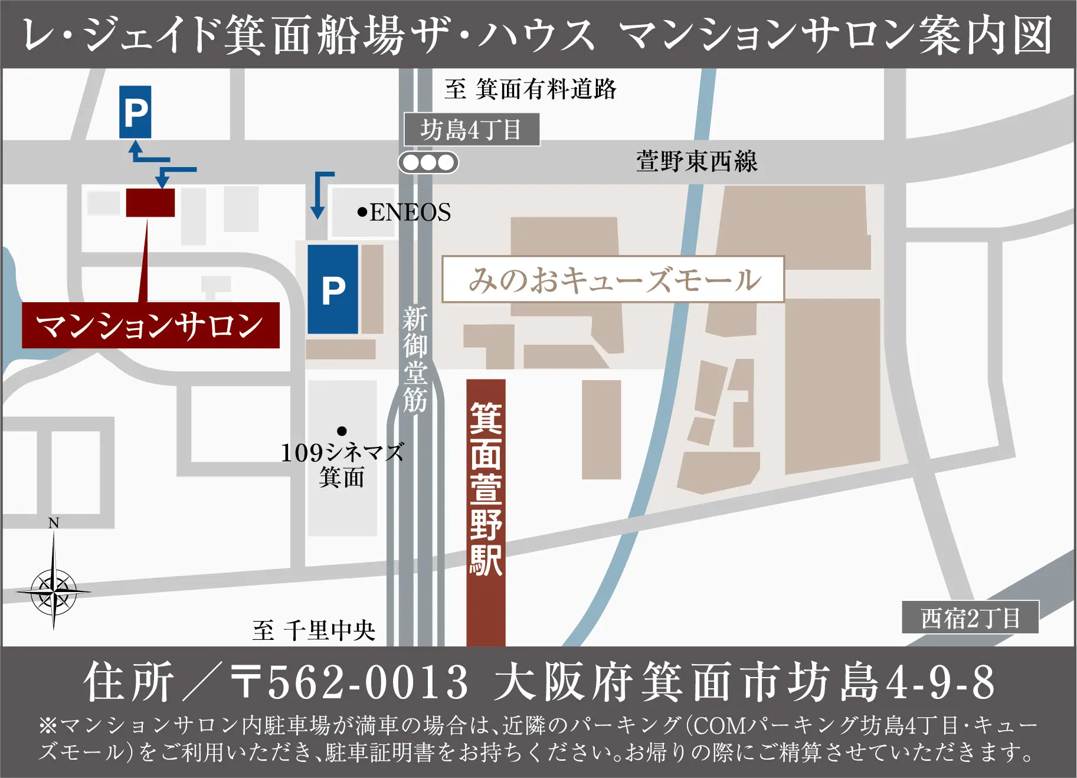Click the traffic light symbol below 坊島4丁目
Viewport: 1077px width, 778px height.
coord(428,162)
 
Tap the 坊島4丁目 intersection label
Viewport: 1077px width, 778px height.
coord(471,129)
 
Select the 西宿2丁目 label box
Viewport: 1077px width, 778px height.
coord(970,618)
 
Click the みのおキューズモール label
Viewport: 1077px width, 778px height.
coord(613,279)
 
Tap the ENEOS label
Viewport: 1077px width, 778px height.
coord(410,213)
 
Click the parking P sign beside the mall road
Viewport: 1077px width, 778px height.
coord(333,289)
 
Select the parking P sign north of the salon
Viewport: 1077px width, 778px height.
coord(135,112)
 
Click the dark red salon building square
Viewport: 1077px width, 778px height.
coord(150,202)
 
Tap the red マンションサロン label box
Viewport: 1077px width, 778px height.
coord(150,325)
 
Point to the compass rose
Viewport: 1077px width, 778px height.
coord(54,590)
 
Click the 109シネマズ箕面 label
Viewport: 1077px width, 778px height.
coord(342,465)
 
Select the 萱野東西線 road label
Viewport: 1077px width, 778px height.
coord(697,161)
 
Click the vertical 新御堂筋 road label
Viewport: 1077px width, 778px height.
coord(415,358)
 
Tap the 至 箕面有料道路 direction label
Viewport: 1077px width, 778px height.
coord(530,89)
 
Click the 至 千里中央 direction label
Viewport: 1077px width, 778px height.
coord(313,630)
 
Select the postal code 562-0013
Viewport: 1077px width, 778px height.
coord(366,682)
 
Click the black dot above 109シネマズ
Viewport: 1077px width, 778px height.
coord(342,431)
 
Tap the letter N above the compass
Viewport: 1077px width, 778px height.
coord(54,523)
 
